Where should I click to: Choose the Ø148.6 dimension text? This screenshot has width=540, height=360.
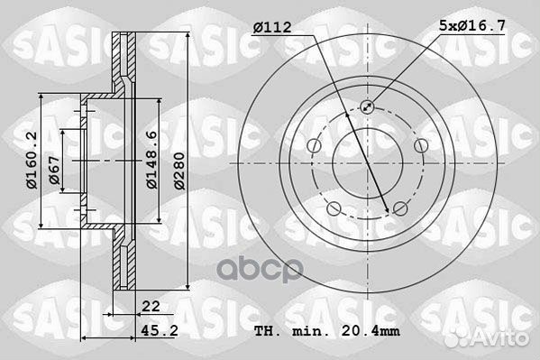152,159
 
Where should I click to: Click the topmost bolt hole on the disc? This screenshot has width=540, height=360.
367,106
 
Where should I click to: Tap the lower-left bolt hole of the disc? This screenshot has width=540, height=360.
334,210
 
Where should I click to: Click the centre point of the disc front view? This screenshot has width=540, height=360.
367,163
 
